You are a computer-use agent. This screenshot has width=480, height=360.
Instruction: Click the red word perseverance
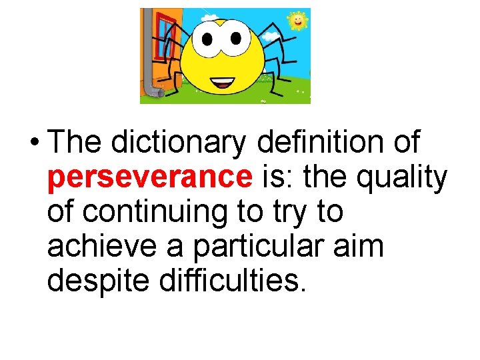click(150, 177)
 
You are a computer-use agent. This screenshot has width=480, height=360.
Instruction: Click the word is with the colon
click(279, 177)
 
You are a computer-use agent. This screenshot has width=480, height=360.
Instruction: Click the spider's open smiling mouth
click(222, 84)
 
